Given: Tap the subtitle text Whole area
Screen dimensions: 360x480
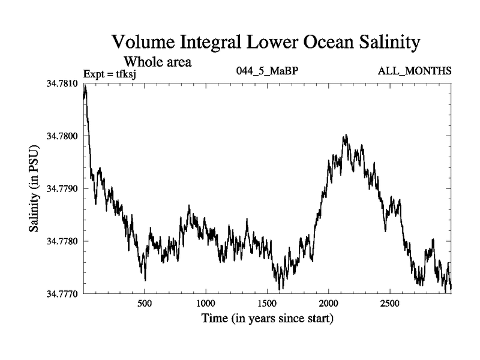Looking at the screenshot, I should click(x=157, y=61).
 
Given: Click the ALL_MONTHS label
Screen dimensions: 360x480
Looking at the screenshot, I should click(x=415, y=71).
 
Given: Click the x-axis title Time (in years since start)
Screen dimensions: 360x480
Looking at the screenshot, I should click(x=267, y=318).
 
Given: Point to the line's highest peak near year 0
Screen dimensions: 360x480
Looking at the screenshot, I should click(x=85, y=85).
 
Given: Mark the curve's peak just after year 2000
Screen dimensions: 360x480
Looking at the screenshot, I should click(x=346, y=136).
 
